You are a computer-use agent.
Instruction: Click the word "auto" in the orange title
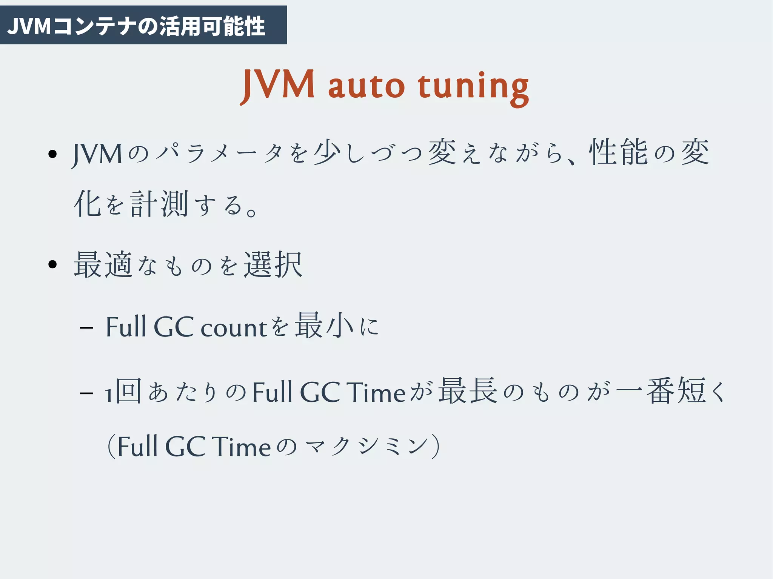click(x=366, y=86)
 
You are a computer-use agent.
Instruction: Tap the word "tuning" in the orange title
click(x=473, y=88)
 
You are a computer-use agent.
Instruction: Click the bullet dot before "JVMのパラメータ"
click(x=52, y=154)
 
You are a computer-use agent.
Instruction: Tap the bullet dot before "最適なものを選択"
click(x=52, y=264)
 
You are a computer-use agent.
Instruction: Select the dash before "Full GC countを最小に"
click(x=86, y=327)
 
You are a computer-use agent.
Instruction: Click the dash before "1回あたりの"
click(x=86, y=393)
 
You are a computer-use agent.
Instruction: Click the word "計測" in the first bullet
click(x=159, y=204)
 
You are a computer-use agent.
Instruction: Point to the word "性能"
click(x=618, y=152)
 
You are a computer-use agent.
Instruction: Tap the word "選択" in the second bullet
click(x=273, y=265)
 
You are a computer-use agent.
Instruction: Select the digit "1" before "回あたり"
click(x=109, y=395)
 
